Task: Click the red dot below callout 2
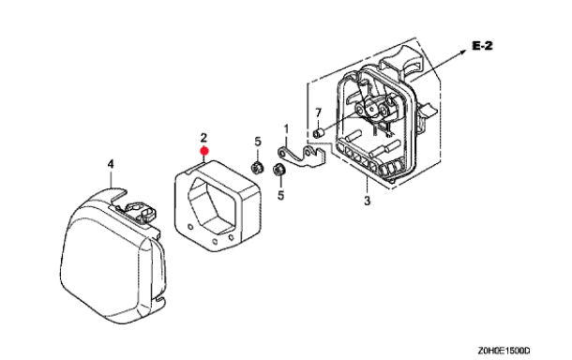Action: click(204, 151)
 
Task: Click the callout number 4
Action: click(111, 164)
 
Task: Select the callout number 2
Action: click(203, 138)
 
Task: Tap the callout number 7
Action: click(318, 112)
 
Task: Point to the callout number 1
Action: click(286, 129)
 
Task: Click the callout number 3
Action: click(367, 201)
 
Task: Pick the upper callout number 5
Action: click(258, 142)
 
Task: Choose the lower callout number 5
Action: click(280, 196)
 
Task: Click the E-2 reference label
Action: click(482, 46)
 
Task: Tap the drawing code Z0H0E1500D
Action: click(504, 351)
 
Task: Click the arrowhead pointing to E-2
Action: click(463, 52)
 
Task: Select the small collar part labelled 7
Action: click(318, 133)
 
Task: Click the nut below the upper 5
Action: click(257, 168)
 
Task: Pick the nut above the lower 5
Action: click(279, 170)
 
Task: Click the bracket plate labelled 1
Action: click(302, 156)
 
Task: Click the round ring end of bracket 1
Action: click(282, 152)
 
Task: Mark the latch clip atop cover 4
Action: click(141, 211)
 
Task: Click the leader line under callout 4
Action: click(112, 179)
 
